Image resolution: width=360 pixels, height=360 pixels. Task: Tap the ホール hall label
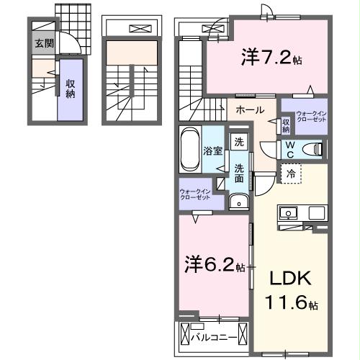(249, 110)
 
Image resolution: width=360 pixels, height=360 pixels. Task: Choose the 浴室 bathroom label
(212, 151)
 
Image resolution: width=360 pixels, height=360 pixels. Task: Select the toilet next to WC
(312, 149)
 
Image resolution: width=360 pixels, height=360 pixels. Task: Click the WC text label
(289, 149)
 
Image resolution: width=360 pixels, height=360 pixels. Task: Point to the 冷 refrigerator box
(289, 174)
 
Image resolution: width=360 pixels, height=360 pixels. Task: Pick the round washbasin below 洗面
(235, 202)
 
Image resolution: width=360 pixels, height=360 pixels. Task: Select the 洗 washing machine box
(238, 142)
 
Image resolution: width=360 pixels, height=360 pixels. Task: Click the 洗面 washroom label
(238, 175)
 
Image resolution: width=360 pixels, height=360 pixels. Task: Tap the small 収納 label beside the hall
(286, 125)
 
